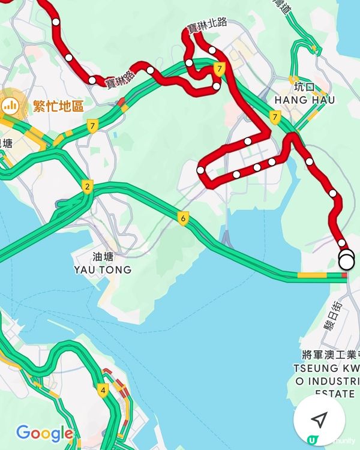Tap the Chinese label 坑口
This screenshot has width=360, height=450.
tap(304, 86)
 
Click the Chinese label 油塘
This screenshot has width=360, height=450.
tap(102, 256)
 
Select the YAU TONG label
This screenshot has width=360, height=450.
tap(102, 270)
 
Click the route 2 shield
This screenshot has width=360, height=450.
tap(88, 187)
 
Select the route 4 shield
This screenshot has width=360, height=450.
tap(103, 391)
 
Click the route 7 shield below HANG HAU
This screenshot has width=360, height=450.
tap(275, 116)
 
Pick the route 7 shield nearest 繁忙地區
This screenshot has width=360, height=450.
tap(92, 126)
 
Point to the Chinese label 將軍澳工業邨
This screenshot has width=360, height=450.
tap(329, 354)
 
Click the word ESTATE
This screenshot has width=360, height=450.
tap(334, 394)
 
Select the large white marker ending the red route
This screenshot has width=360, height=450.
tap(346, 261)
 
